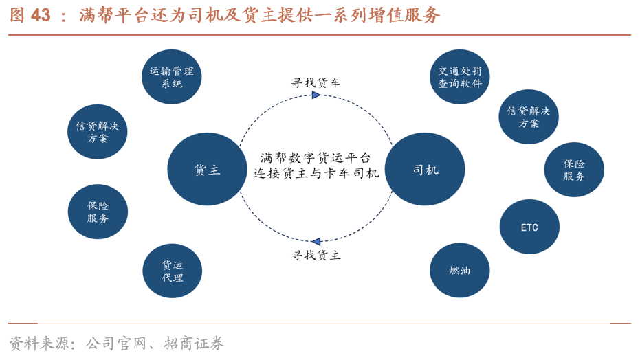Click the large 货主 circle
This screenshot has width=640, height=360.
207,169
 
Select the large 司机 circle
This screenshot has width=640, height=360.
425,169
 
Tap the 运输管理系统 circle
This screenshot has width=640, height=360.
172,76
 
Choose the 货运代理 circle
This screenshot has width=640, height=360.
172,271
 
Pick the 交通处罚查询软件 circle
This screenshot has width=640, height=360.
460,76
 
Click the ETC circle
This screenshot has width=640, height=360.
529,227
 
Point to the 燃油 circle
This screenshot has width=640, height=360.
460,271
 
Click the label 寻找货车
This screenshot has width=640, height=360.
316,82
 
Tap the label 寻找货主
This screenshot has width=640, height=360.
316,256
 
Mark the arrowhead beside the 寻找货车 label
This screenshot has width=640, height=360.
316,95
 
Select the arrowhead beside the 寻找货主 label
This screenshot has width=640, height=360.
316,241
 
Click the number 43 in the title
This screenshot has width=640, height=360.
41,15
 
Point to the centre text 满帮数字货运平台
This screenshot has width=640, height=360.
316,157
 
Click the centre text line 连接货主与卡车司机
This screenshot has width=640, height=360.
316,174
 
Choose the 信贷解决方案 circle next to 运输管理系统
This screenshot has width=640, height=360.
98,132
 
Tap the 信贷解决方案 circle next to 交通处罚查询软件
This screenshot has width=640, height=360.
529,117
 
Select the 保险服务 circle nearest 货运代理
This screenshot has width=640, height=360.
98,212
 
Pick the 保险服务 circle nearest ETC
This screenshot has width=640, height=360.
574,170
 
